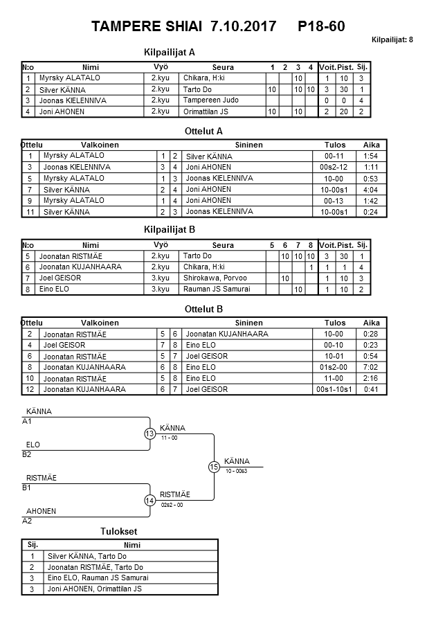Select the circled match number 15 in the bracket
[214, 467]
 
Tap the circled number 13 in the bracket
[149, 433]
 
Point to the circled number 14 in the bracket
[149, 500]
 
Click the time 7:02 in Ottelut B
[372, 367]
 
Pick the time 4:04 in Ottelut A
[372, 189]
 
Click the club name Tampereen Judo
[211, 100]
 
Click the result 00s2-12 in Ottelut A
[334, 167]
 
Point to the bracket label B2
[27, 454]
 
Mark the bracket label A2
[27, 521]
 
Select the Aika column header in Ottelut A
[372, 145]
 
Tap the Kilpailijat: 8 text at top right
[392, 39]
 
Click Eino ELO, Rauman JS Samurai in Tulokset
[97, 578]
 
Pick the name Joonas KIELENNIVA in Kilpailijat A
[72, 100]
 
